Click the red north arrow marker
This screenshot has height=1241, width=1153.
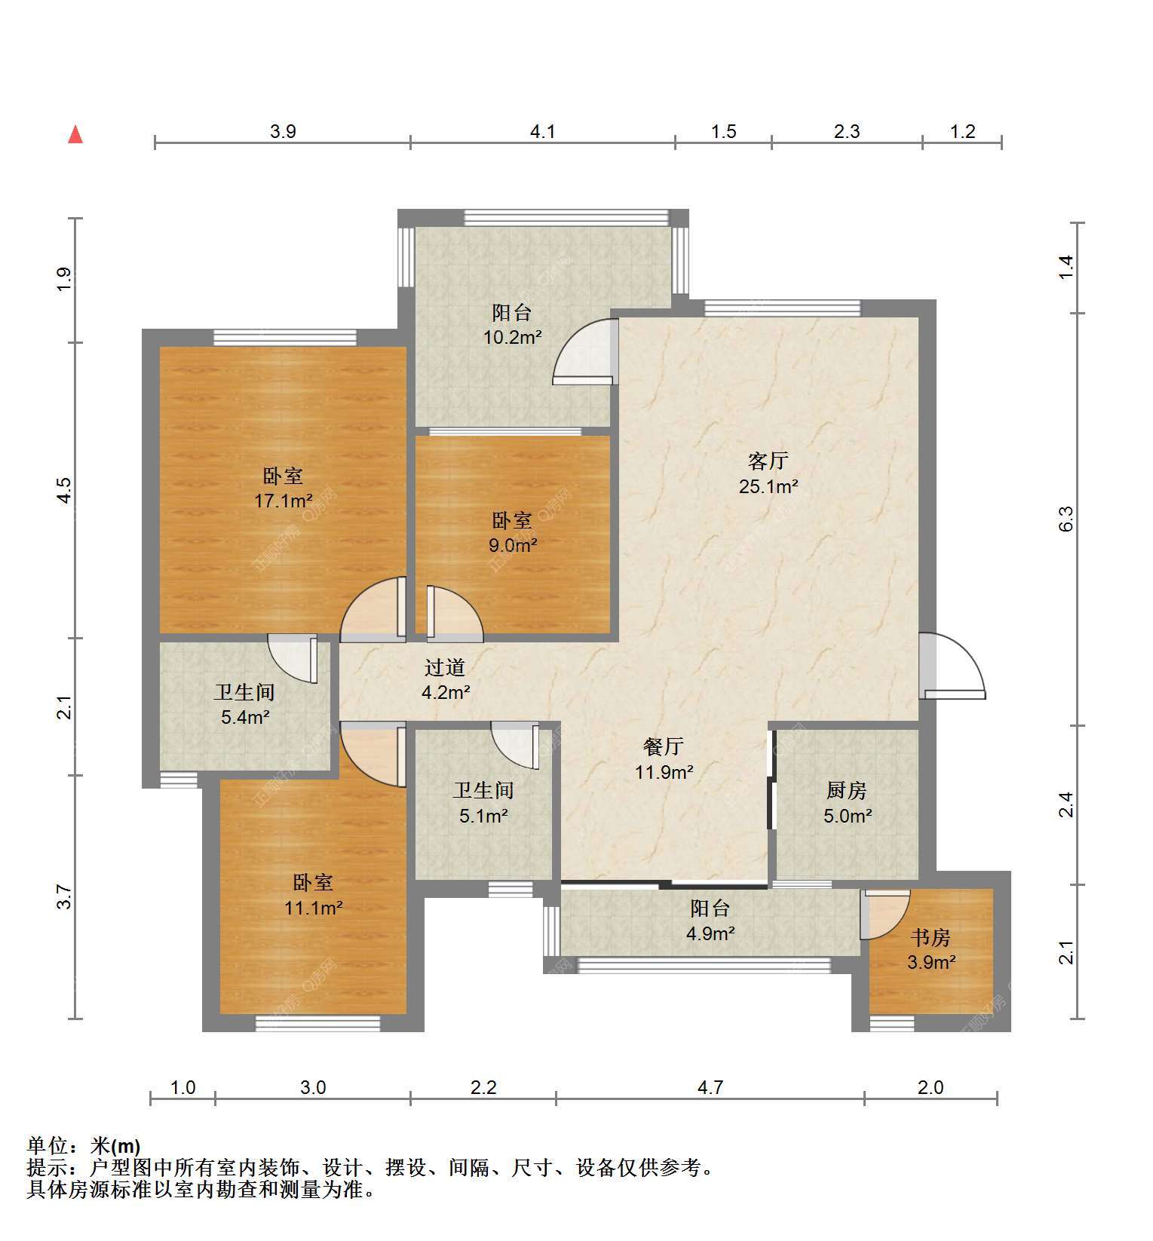(x=75, y=134)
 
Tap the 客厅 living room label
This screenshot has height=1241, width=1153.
(x=768, y=460)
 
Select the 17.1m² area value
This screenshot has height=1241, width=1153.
(x=284, y=501)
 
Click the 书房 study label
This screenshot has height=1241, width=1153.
(x=931, y=937)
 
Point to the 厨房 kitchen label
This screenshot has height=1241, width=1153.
(x=846, y=790)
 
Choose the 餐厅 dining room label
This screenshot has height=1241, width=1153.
(x=663, y=746)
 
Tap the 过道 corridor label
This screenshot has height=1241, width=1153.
(x=445, y=667)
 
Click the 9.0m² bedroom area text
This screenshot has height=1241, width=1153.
(x=513, y=545)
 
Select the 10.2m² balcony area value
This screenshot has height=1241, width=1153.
(x=513, y=337)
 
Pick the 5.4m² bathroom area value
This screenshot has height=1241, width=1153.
(x=245, y=717)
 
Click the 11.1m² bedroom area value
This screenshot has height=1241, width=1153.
(x=313, y=908)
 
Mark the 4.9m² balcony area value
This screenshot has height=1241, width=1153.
(x=710, y=934)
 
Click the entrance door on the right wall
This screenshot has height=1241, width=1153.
(x=952, y=666)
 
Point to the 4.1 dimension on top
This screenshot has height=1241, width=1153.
(x=543, y=132)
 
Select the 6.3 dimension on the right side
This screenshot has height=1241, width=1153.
(x=1065, y=519)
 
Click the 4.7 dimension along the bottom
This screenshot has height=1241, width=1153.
(x=710, y=1087)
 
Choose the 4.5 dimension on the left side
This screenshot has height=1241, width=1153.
(x=65, y=491)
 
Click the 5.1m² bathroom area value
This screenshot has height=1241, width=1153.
(x=483, y=815)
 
